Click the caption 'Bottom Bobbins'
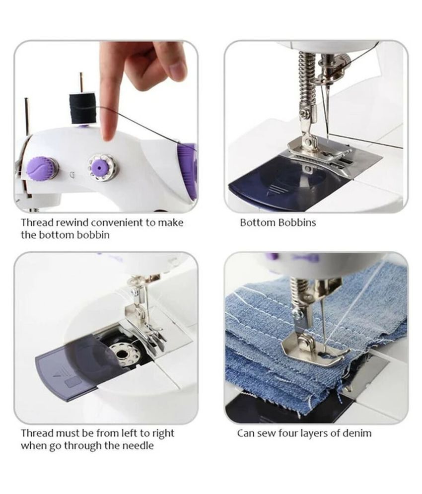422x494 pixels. tap(278, 222)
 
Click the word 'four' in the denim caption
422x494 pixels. tap(291, 433)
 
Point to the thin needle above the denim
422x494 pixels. tap(324, 318)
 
